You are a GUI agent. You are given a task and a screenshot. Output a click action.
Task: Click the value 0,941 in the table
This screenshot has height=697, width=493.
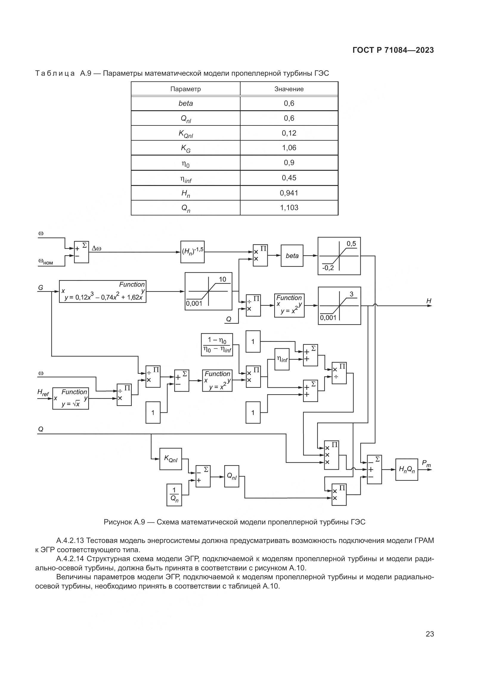click(289, 193)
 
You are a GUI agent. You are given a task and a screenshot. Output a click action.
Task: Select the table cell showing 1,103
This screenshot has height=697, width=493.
click(289, 208)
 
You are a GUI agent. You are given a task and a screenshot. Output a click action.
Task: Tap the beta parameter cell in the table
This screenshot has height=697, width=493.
click(185, 103)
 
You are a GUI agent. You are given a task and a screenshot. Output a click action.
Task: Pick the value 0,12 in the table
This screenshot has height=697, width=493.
click(289, 133)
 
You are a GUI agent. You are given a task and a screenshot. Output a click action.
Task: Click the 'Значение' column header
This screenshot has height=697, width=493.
click(289, 89)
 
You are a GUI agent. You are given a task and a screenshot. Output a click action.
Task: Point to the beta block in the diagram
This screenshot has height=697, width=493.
click(292, 256)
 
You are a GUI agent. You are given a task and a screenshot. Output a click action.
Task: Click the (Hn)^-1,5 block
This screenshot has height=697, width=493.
click(193, 252)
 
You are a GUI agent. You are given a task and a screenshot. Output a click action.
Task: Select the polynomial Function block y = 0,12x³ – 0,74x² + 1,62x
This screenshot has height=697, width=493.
click(102, 291)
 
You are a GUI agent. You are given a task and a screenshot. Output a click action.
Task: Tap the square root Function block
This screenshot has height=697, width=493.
click(70, 398)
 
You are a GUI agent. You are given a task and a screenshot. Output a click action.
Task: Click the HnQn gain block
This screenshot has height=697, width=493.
click(407, 469)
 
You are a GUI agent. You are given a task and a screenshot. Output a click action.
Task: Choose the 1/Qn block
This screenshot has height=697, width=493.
click(174, 495)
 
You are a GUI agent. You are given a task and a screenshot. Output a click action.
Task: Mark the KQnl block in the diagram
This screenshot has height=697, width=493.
click(170, 459)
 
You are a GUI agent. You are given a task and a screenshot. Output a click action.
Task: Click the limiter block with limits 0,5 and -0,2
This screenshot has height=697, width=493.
click(339, 256)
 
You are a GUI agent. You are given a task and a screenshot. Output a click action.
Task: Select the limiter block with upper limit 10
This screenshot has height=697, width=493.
click(208, 291)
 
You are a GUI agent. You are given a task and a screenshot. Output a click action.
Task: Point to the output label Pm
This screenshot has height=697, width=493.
click(426, 464)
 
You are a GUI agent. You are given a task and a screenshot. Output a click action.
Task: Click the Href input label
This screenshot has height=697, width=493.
click(43, 392)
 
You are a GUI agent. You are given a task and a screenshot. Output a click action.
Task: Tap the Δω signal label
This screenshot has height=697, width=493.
click(97, 249)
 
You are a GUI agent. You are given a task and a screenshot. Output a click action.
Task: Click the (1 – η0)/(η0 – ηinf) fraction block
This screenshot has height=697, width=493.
click(217, 344)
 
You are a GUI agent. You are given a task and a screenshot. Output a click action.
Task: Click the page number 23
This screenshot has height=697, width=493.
click(430, 634)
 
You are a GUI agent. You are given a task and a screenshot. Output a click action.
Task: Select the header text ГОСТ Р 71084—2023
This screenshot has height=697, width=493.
click(393, 50)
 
